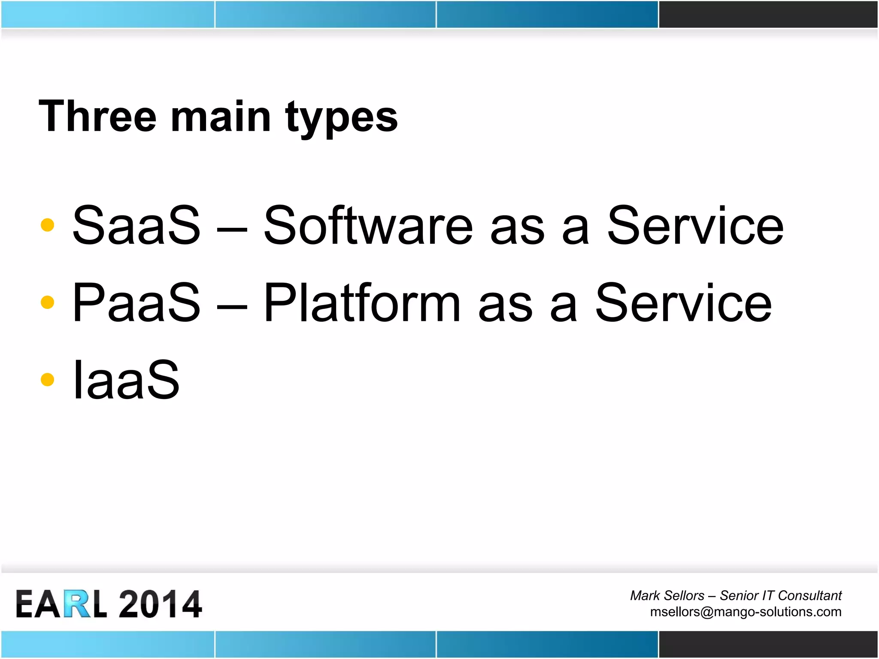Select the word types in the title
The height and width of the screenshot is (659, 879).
coord(342,118)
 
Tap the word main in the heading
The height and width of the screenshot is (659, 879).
coord(221,117)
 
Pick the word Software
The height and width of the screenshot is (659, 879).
coord(368,225)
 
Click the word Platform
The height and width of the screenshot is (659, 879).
coord(362,302)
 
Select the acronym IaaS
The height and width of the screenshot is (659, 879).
coord(126,380)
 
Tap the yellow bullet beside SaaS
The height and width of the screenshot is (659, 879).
coord(47,225)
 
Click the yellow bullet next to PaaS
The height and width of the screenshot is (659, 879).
coord(47,302)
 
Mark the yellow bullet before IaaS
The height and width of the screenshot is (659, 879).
coord(47,380)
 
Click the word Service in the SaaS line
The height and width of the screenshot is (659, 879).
coord(695,225)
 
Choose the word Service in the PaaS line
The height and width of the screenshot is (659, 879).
coord(683,302)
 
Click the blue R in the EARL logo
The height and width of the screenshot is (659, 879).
coord(78,604)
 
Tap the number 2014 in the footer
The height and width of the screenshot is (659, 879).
coord(160,604)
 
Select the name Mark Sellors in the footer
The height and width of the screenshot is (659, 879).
coord(667,596)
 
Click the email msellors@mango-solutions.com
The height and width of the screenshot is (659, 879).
coord(746,612)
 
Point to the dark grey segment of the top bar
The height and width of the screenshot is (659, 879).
coord(768,14)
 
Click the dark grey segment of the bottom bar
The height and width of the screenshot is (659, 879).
coord(768,644)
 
